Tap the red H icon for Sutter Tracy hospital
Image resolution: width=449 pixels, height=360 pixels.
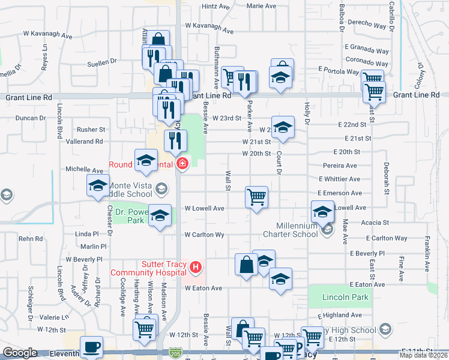tap(195, 266)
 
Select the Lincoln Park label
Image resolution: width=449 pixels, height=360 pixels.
tap(337, 297)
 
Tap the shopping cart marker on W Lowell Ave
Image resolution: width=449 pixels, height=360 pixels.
tap(257, 196)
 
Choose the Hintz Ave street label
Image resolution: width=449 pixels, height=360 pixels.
tap(216, 6)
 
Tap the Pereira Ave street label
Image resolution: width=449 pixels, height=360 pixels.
tap(339, 166)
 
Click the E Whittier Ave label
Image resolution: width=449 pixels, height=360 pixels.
tap(339, 179)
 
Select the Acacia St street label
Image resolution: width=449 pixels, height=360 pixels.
tap(376, 222)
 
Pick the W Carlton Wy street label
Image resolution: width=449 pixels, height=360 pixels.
tap(204, 235)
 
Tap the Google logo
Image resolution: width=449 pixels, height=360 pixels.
tap(20, 353)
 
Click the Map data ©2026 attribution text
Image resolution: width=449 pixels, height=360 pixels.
tap(423, 355)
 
